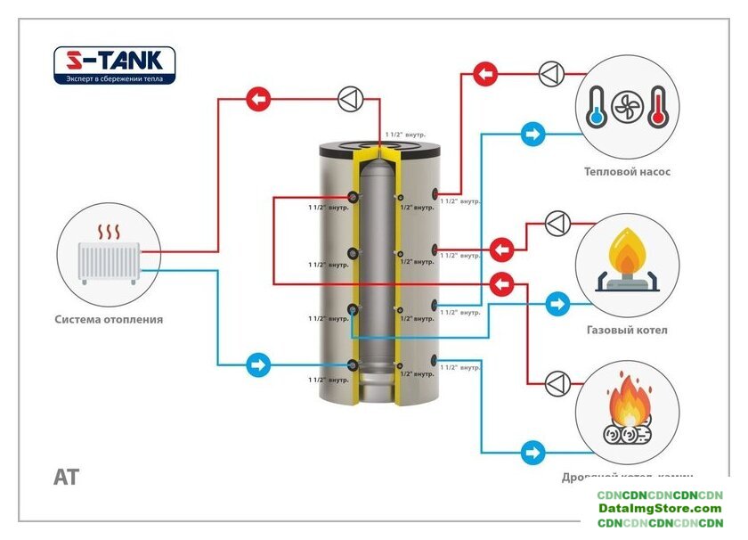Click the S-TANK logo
[114, 61]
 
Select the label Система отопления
[109, 319]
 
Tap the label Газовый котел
[627, 330]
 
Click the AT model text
[66, 477]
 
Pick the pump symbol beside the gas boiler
[558, 223]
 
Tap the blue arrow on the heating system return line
[258, 364]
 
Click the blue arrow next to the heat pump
[533, 135]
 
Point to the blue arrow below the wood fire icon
[533, 452]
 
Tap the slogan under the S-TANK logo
[114, 78]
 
